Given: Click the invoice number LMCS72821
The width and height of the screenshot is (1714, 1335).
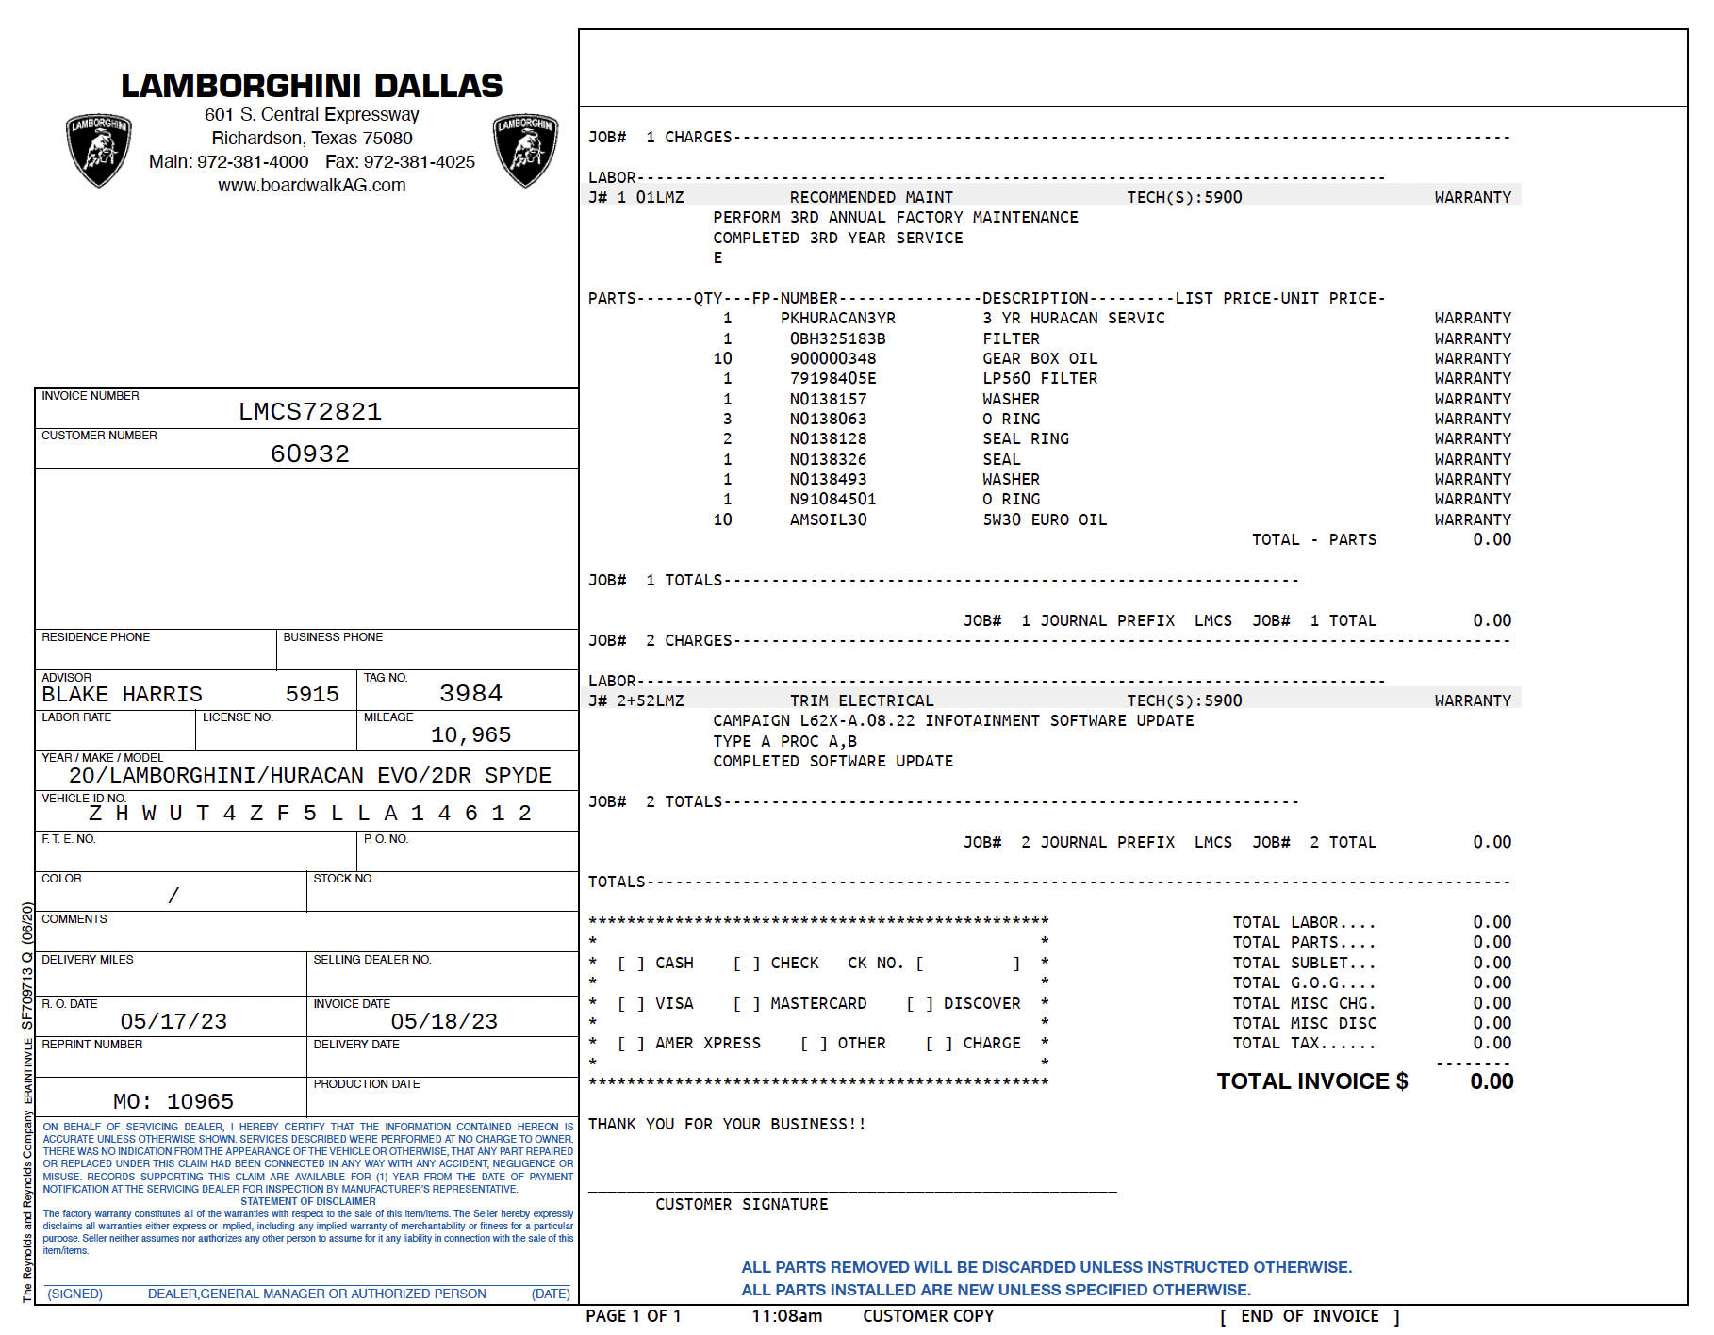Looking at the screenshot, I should pyautogui.click(x=310, y=412).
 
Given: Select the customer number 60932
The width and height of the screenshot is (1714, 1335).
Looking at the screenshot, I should pyautogui.click(x=310, y=454).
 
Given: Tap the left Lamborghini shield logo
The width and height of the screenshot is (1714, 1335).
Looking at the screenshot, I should pyautogui.click(x=99, y=150).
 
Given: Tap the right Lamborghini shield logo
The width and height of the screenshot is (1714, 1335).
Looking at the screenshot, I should pyautogui.click(x=526, y=150).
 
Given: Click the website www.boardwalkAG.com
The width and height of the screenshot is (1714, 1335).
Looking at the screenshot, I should pyautogui.click(x=312, y=186).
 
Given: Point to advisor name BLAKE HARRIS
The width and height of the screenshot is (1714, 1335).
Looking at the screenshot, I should pyautogui.click(x=123, y=695).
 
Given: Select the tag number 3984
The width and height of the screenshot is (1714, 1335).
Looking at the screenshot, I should pyautogui.click(x=471, y=694).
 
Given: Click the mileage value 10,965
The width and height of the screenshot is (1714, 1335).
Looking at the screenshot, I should pyautogui.click(x=471, y=735).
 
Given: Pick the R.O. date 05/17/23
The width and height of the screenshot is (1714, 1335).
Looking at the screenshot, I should pyautogui.click(x=173, y=1022).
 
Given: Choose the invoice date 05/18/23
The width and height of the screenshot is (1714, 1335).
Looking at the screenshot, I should pyautogui.click(x=444, y=1022).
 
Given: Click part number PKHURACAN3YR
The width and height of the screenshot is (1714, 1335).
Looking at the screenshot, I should pyautogui.click(x=838, y=319).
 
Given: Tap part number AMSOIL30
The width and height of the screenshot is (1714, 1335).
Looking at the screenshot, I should pyautogui.click(x=829, y=520).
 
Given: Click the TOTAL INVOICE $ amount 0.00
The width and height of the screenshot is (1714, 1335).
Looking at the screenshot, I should pyautogui.click(x=1492, y=1082).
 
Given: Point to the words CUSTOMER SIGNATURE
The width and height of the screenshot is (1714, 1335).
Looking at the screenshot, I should pyautogui.click(x=742, y=1205).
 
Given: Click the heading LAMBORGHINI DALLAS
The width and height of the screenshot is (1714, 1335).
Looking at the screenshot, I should pyautogui.click(x=312, y=86).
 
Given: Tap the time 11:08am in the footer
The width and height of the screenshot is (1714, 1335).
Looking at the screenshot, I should pyautogui.click(x=786, y=1316).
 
